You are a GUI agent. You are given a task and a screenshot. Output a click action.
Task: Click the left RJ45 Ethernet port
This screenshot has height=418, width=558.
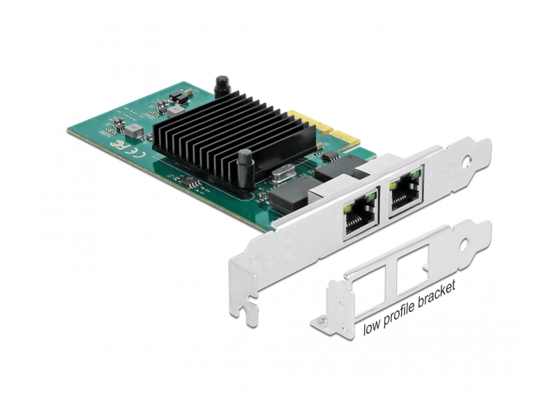pyautogui.click(x=360, y=214)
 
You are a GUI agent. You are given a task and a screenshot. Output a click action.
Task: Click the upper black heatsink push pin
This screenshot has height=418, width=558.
pyautogui.click(x=223, y=86)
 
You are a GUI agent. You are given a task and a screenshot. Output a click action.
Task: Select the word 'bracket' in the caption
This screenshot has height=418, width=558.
pyautogui.click(x=437, y=293)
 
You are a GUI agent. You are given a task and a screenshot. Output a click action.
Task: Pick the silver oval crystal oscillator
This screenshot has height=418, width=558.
pyautogui.click(x=283, y=175)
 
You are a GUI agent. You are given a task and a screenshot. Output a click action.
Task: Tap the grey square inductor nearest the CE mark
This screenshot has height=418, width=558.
pyautogui.click(x=134, y=131)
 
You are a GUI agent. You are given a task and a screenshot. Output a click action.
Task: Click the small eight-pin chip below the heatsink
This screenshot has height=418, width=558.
pyautogui.click(x=190, y=183)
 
